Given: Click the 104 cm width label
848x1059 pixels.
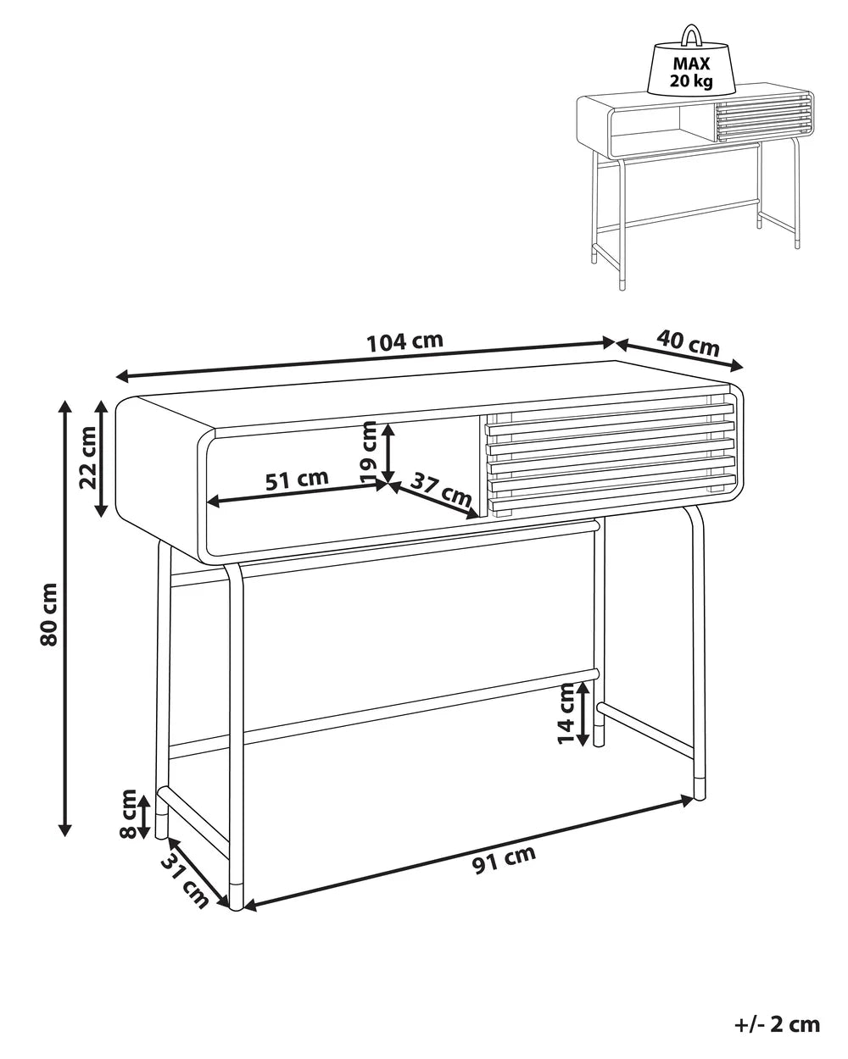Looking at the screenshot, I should coord(404,341).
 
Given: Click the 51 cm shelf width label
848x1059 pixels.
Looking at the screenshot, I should coord(297,480).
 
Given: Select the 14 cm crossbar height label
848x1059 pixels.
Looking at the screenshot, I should coord(566,713).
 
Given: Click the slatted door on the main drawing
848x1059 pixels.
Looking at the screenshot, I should coord(609,455).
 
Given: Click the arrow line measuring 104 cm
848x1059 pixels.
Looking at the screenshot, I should coord(365,359).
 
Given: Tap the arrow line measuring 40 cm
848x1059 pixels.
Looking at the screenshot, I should coord(678,355).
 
